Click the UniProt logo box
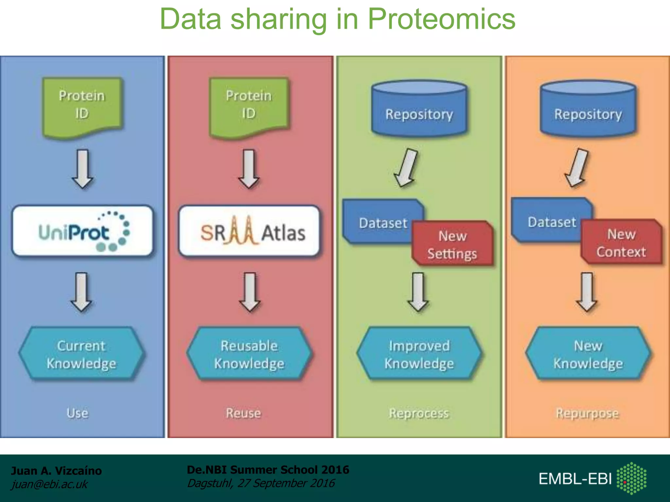pos(82,231)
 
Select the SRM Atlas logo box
pos(249,231)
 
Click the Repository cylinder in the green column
pos(419,109)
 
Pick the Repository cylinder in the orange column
pos(588,109)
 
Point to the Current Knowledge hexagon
pos(81,354)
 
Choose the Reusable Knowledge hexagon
pos(249,354)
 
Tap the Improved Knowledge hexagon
pos(419,354)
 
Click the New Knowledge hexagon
pos(588,354)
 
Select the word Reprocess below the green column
pos(419,413)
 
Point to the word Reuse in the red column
pos(243,413)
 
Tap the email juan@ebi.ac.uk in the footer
pos(49,484)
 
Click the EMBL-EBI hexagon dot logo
pos(631,478)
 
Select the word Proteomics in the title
pos(441,20)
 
